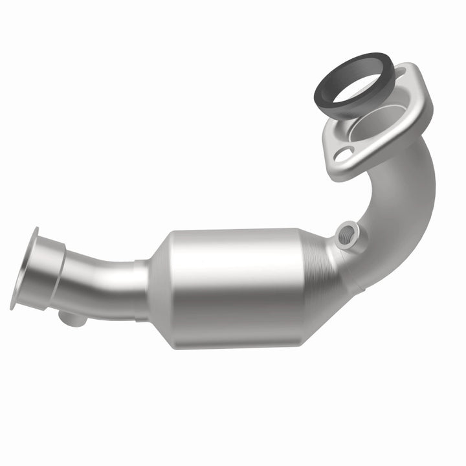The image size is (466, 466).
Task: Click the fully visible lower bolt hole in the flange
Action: pos(344,153)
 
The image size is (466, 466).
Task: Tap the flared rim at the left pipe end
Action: pos(23,269)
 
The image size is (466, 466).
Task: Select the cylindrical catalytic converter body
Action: pos(239,285)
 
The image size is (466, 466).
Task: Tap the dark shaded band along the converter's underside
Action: pos(239,337)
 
